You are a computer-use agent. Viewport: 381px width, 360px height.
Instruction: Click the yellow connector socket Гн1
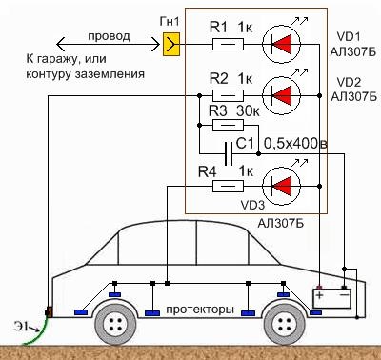coord(171,43)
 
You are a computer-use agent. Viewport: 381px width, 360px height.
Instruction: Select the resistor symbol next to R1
coord(226,43)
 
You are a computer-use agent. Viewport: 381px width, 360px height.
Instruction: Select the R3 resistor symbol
coord(226,125)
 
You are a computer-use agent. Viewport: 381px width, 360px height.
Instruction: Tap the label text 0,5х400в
coord(295,144)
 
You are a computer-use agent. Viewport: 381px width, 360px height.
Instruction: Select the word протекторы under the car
coord(199,310)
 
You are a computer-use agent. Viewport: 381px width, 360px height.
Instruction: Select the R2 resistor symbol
coord(226,94)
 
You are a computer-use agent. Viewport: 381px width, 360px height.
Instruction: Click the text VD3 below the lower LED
coord(252,203)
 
